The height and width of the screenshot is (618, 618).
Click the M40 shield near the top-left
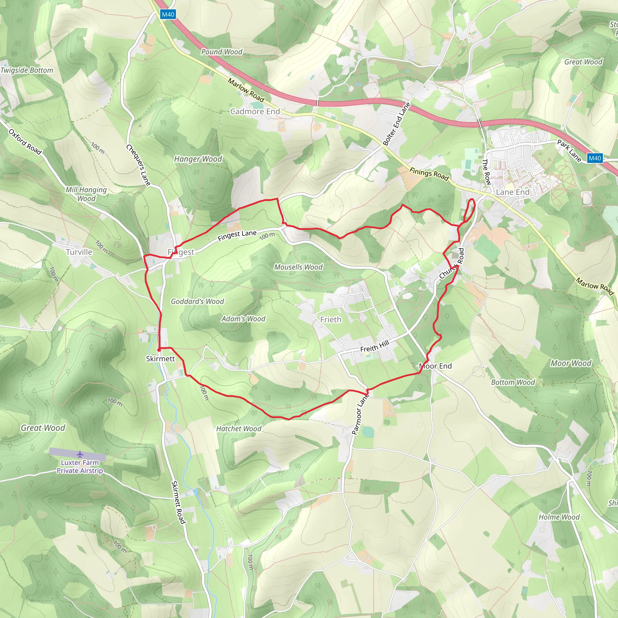tap(168, 14)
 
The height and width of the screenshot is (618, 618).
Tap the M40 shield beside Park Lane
tap(595, 158)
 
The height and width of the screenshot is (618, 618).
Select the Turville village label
tap(79, 252)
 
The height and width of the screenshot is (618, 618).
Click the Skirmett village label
tap(160, 358)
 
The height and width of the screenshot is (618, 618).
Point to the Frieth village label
tap(331, 320)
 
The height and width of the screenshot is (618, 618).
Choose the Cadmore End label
tap(255, 111)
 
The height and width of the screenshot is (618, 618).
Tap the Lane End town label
tap(513, 192)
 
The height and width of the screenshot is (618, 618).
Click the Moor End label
tap(435, 366)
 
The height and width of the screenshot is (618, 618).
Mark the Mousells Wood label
tap(298, 267)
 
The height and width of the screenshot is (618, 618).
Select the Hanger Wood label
tap(198, 159)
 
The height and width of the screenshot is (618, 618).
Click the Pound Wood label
tap(222, 52)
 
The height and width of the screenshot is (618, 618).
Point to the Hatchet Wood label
tap(239, 428)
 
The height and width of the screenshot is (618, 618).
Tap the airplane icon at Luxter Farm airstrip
tap(80, 454)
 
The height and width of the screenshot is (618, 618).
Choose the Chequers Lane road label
tap(138, 165)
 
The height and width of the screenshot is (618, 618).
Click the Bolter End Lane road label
tap(397, 124)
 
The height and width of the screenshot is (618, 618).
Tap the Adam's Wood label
tap(244, 319)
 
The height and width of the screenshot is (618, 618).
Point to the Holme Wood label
tap(559, 517)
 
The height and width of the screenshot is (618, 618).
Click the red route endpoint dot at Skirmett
tap(159, 350)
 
